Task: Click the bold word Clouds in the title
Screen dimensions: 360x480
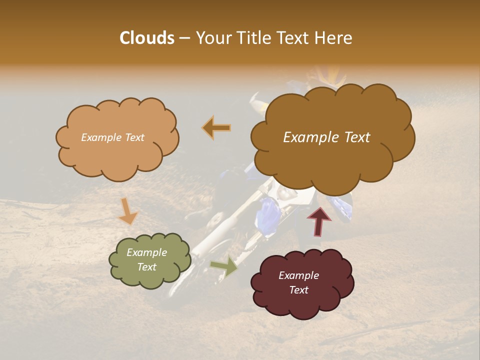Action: tap(147, 38)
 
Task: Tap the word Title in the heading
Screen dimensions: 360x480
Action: tap(251, 38)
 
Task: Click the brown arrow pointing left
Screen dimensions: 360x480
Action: tap(217, 127)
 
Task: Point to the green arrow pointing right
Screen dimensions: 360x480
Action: tap(224, 266)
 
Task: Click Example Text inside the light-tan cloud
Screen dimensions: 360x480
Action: tap(112, 137)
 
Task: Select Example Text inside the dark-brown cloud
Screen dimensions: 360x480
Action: tap(326, 137)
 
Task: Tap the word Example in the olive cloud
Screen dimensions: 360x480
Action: tap(146, 252)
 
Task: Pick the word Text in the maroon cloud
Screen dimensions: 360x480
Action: tap(298, 290)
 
